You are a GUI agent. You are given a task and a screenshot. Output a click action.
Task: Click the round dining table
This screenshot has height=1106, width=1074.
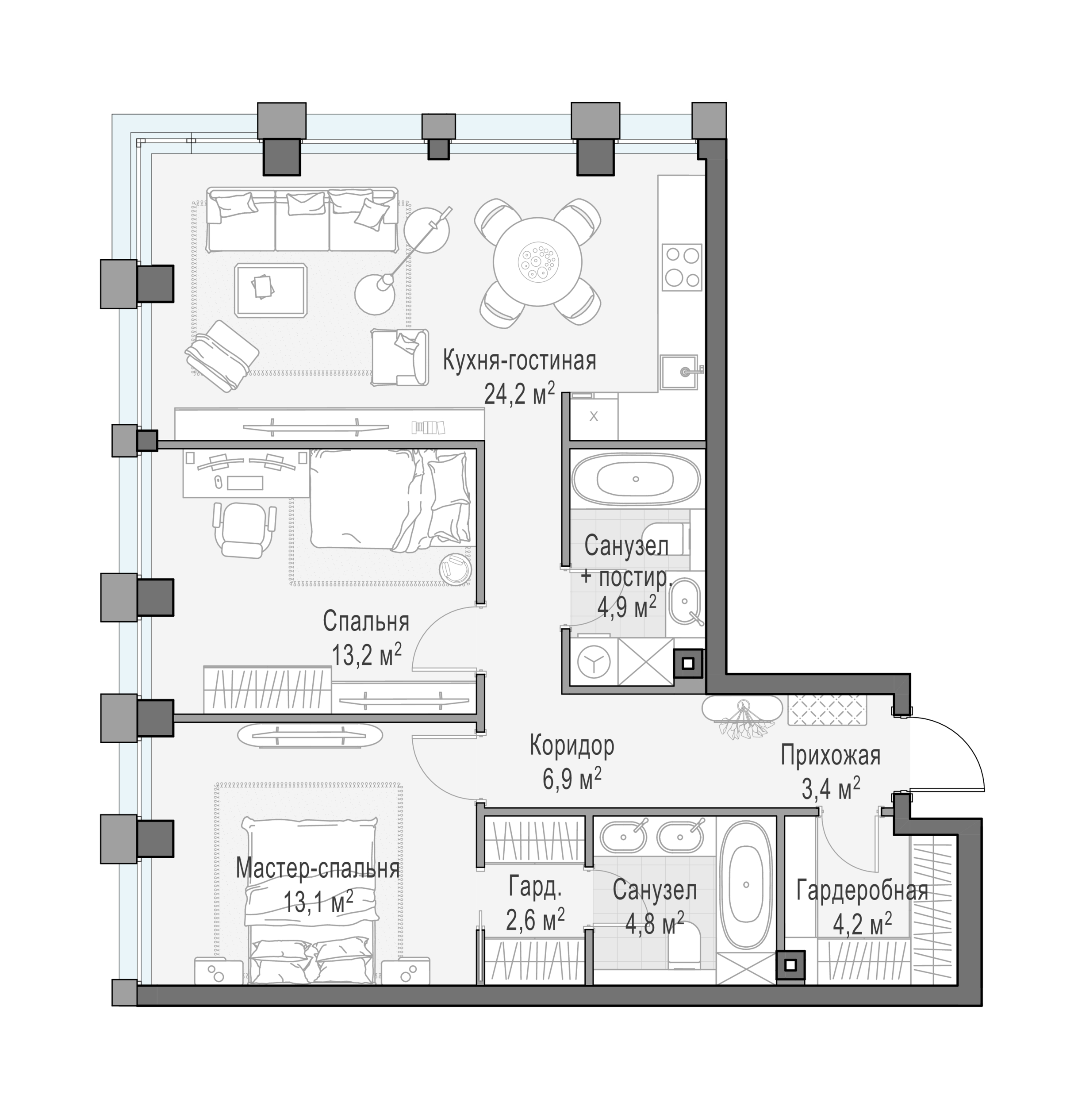click(537, 262)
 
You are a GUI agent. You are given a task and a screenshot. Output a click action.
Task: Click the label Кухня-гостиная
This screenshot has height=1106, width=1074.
click(519, 360)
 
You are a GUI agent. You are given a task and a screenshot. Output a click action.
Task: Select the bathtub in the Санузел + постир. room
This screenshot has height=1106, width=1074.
click(636, 480)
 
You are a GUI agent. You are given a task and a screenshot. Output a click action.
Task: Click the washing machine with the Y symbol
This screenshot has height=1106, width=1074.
click(594, 662)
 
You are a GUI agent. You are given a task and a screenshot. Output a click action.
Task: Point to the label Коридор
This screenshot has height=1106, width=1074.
click(572, 746)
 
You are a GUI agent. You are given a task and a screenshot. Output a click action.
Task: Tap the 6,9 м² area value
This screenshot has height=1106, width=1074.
click(572, 779)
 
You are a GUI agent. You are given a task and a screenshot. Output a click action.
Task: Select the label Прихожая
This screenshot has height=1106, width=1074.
click(830, 755)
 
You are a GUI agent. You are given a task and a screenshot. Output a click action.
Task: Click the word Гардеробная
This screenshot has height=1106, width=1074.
click(863, 891)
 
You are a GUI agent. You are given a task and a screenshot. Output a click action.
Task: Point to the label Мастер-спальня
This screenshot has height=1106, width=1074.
click(318, 868)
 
